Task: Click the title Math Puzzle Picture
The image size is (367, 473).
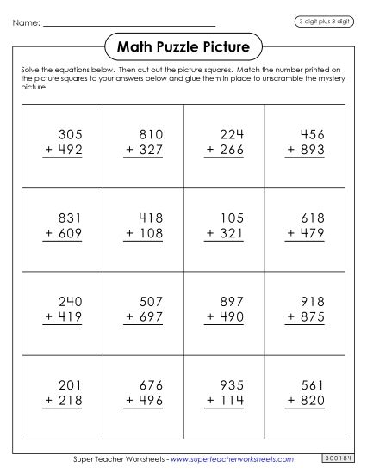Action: pyautogui.click(x=182, y=46)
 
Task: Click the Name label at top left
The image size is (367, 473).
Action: pyautogui.click(x=26, y=23)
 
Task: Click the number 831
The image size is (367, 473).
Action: pyautogui.click(x=72, y=218)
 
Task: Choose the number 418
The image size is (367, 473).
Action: pyautogui.click(x=152, y=218)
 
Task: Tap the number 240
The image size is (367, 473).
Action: pyautogui.click(x=72, y=302)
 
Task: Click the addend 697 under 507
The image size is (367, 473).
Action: pyautogui.click(x=152, y=317)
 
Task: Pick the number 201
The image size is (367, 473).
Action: pyautogui.click(x=72, y=386)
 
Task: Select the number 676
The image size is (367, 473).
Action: pyautogui.click(x=152, y=386)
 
